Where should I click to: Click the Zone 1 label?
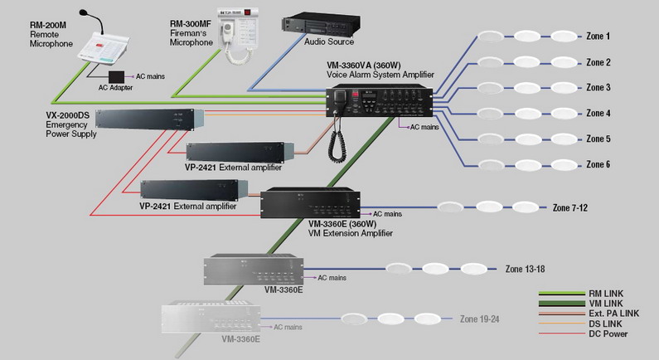click(598, 36)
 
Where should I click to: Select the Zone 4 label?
click(598, 114)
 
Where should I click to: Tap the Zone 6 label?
click(598, 165)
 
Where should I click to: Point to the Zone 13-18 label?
click(525, 269)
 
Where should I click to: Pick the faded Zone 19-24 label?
click(480, 319)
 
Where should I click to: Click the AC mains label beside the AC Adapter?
click(150, 75)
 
